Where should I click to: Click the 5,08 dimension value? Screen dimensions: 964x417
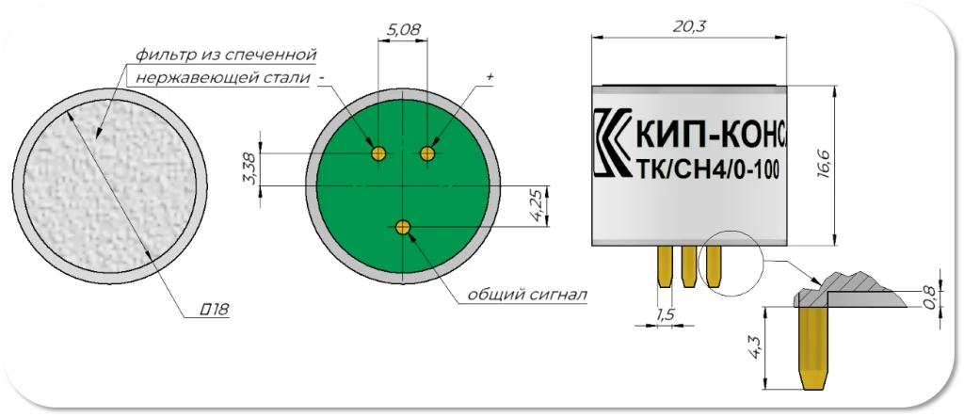[x=403, y=28]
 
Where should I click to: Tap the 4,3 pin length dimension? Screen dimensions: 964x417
[x=756, y=348]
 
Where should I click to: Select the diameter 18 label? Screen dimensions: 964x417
[x=216, y=309]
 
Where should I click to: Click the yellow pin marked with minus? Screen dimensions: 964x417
[x=378, y=152]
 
